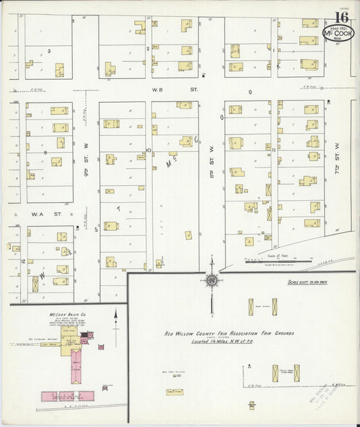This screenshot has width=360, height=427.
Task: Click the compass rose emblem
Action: [x=211, y=280]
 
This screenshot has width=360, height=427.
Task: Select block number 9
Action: [x=45, y=153]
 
